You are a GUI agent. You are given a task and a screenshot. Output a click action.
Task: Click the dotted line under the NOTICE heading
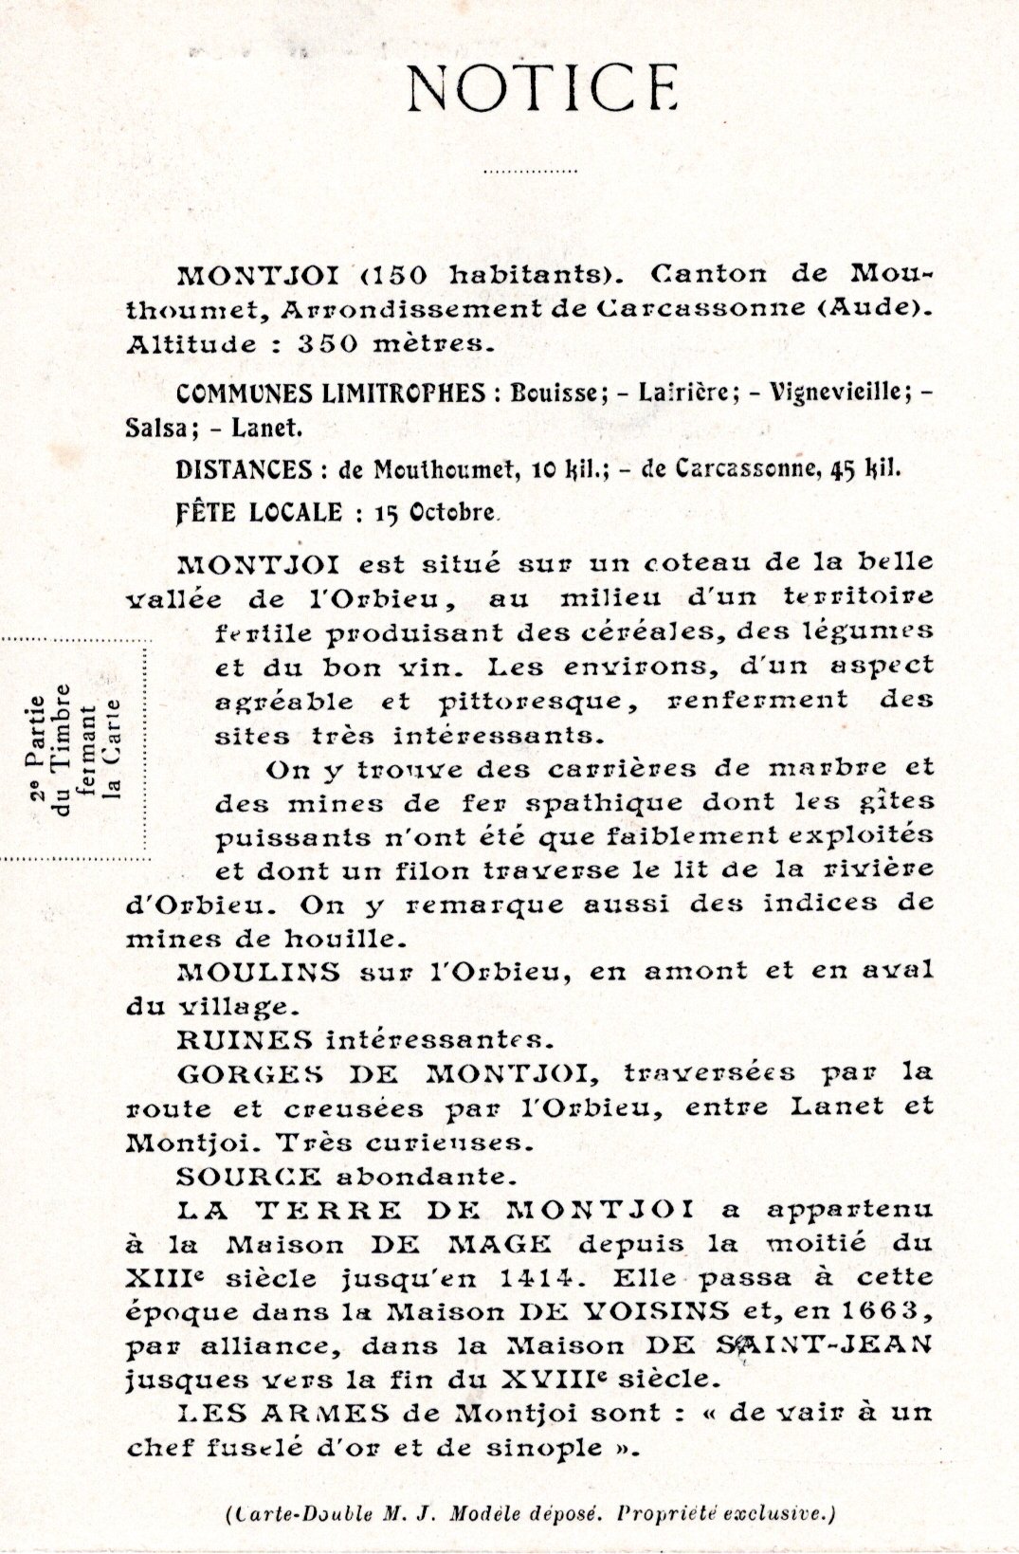[530, 173]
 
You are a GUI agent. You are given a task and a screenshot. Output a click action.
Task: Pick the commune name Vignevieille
[836, 393]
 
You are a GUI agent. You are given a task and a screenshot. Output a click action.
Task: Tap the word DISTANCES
[243, 469]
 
